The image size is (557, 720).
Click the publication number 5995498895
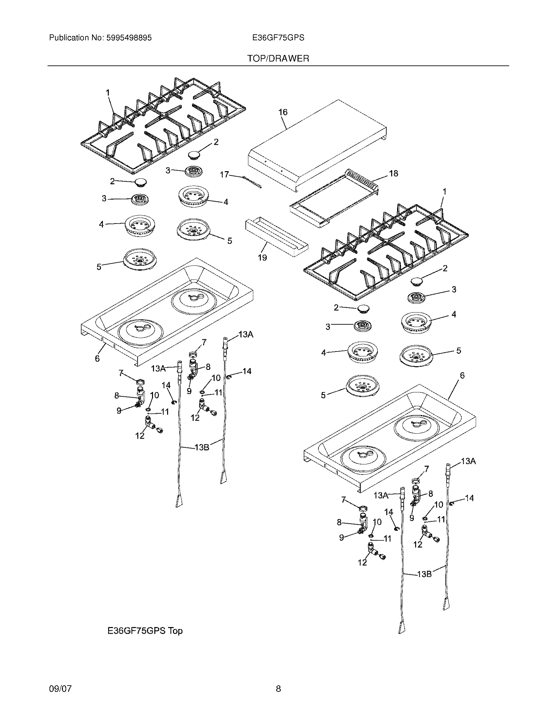pos(129,38)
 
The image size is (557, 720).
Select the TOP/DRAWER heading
pos(278,59)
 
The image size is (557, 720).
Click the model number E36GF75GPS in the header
pos(278,38)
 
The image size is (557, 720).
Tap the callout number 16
pos(283,112)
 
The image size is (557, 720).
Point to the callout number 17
pos(224,174)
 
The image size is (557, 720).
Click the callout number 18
pos(394,173)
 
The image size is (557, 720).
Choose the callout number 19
pos(262,258)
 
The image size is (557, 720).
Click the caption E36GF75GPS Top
pos(145,631)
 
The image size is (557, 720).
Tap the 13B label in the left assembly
pos(202,447)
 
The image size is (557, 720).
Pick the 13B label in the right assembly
pos(424,574)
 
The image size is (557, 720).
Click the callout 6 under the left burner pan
pos(97,358)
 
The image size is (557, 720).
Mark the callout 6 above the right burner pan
pos(462,375)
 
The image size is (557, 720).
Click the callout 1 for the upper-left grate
pos(107,93)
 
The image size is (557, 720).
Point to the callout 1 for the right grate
pos(445,191)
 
